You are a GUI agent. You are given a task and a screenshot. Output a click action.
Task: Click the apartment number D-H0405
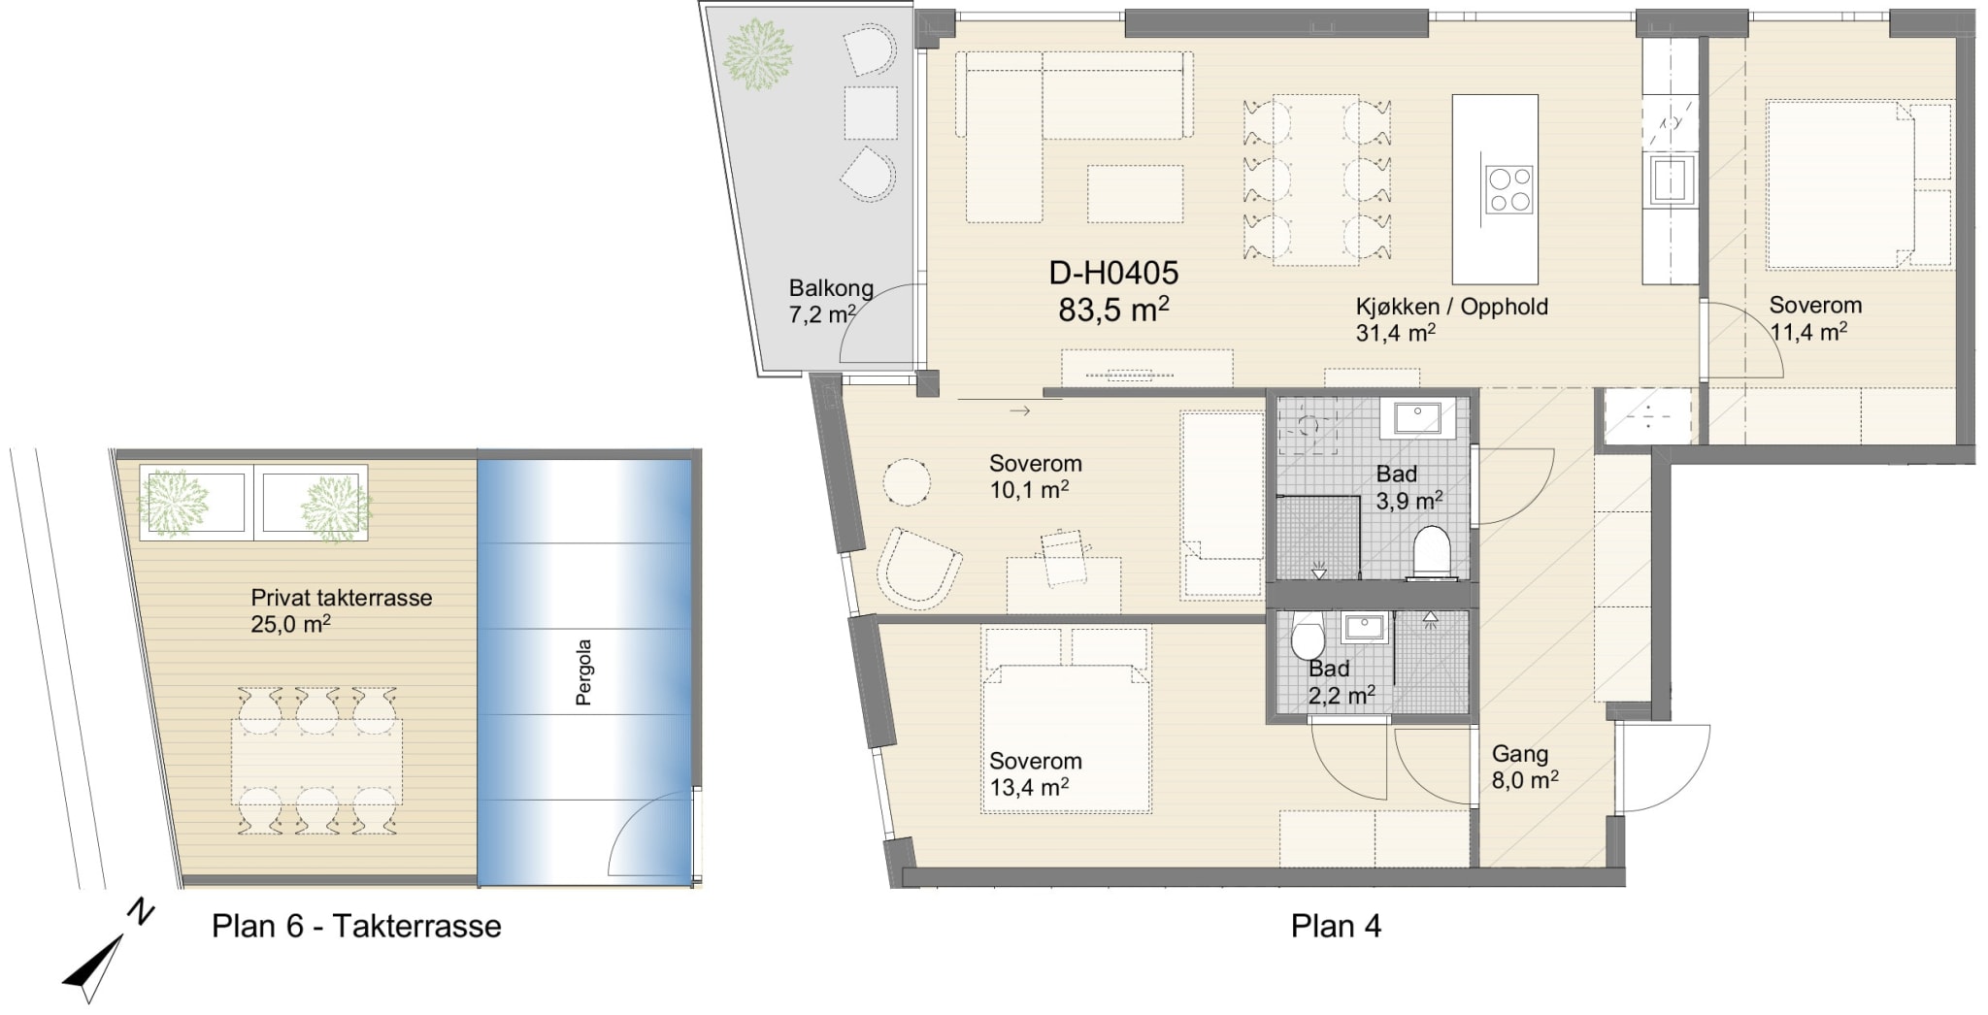tap(1113, 273)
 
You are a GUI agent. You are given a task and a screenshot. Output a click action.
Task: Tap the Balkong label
tap(831, 288)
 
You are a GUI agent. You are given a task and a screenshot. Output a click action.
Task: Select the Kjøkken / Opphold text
tap(1452, 307)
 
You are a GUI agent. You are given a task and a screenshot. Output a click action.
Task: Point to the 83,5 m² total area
tap(1113, 310)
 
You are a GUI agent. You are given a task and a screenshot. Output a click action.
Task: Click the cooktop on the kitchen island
tap(1509, 189)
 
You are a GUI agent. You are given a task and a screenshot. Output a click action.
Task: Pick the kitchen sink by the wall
tap(1670, 179)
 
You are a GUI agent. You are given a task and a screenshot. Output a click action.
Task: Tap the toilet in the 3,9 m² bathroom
tap(1431, 551)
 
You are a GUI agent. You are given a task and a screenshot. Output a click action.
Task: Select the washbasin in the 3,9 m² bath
tap(1417, 418)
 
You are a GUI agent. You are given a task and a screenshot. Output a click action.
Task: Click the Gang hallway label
tap(1520, 754)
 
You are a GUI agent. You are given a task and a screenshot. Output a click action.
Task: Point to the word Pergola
tap(583, 671)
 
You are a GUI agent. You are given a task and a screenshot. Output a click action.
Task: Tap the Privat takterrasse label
tap(341, 598)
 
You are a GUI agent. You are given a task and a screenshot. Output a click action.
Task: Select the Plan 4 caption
tap(1336, 926)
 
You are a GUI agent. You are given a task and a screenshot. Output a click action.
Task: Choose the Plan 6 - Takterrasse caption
tap(356, 926)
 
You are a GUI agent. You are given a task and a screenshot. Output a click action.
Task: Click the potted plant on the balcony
tap(758, 55)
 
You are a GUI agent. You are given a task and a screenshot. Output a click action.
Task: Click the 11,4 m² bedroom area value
tap(1807, 332)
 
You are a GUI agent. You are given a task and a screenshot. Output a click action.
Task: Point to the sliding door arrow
tap(1019, 411)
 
